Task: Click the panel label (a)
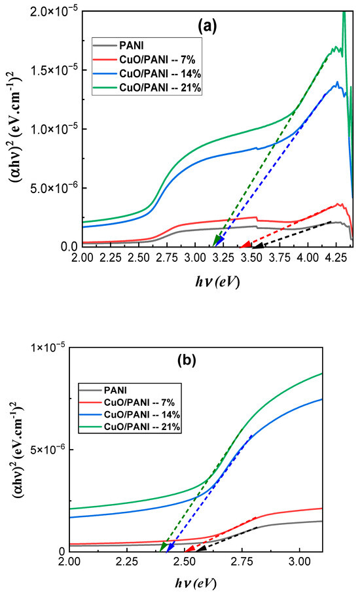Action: coord(211,26)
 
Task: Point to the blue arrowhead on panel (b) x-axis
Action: coord(170,547)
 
